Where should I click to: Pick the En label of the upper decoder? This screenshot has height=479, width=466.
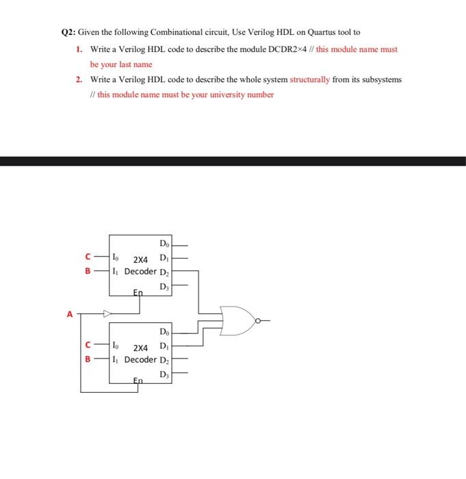(138, 292)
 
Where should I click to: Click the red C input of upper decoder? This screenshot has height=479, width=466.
(88, 258)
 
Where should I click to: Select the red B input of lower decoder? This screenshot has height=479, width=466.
(88, 358)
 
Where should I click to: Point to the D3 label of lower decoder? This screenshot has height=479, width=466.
(164, 374)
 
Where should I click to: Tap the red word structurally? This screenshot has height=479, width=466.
(310, 79)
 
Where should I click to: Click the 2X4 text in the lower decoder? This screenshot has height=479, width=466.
(141, 348)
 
